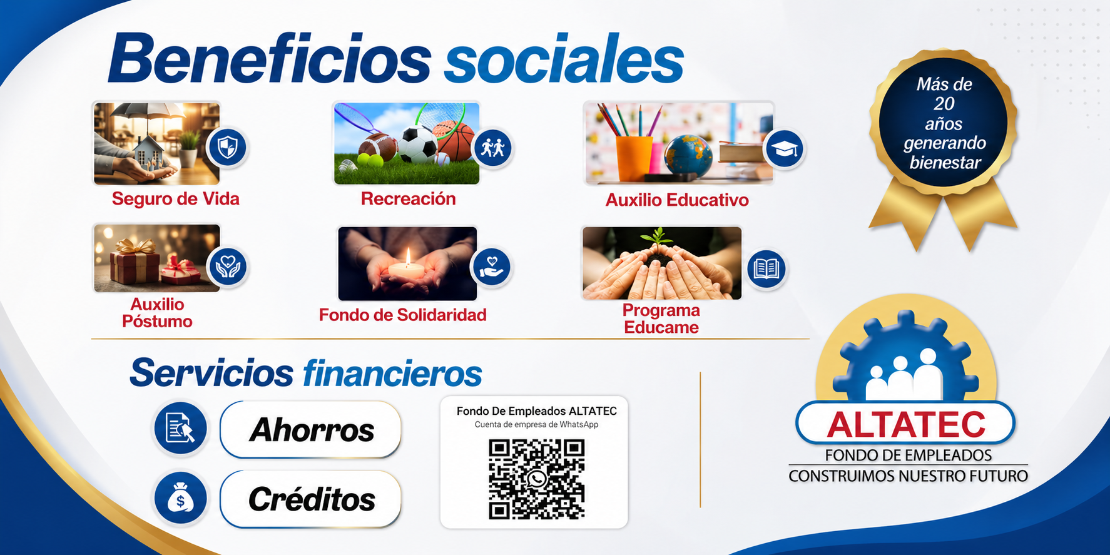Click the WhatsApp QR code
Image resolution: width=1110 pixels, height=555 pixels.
tap(536, 479)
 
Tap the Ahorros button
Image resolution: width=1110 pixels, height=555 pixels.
tap(310, 430)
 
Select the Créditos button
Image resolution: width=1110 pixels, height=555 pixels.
tap(310, 499)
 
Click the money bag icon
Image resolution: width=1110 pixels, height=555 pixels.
tap(181, 498)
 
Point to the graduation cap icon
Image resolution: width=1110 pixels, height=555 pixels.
tap(785, 149)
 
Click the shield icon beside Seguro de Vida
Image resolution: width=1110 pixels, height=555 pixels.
tap(227, 148)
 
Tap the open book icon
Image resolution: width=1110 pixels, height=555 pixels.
tap(766, 269)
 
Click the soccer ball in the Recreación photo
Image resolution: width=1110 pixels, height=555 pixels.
tap(418, 145)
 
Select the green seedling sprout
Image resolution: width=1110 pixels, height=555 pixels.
tap(656, 237)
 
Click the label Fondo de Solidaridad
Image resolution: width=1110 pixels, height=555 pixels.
tap(403, 315)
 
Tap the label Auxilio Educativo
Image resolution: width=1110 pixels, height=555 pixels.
tap(677, 200)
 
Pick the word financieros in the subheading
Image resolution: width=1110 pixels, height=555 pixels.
tap(392, 374)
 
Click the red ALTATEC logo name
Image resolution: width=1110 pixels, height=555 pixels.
tap(906, 425)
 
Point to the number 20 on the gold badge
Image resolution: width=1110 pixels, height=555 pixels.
tap(944, 104)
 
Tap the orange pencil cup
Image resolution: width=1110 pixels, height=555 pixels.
tap(634, 158)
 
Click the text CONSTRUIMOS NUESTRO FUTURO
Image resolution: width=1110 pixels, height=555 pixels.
tap(908, 476)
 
